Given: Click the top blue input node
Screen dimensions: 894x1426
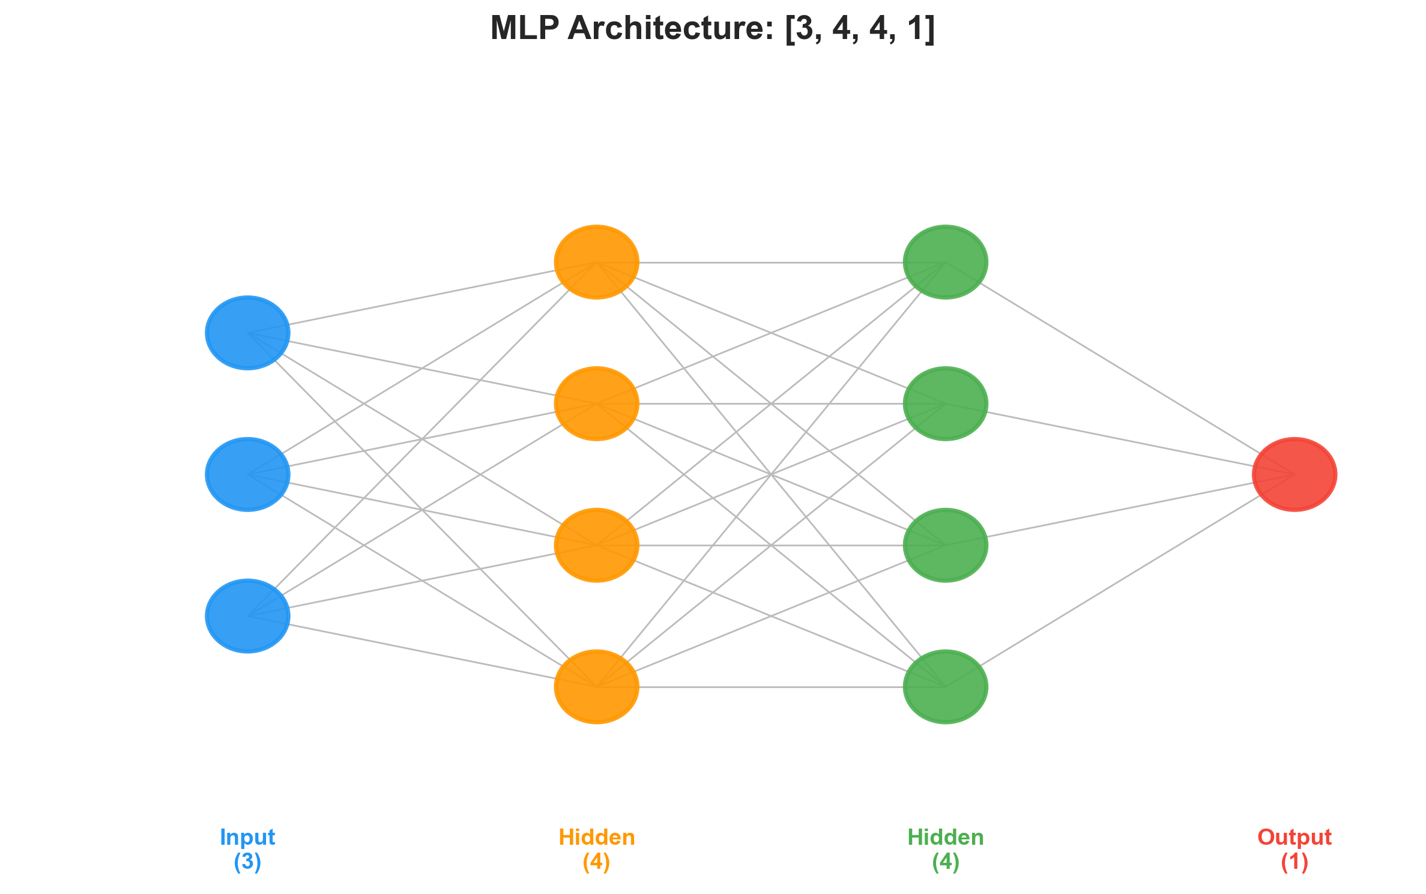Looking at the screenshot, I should point(247,333).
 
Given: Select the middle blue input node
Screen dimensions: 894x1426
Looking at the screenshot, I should point(247,474).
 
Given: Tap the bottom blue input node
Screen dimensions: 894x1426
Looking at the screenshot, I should point(247,616).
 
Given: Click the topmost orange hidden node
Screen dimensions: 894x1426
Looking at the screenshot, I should point(596,262).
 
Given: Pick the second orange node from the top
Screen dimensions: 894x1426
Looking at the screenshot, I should point(596,403).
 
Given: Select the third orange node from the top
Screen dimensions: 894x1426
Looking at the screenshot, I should point(596,545).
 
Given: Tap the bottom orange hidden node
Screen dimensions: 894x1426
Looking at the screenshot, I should point(596,687).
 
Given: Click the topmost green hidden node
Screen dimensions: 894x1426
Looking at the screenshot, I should point(945,262).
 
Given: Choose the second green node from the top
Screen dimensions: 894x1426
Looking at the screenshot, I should point(945,403).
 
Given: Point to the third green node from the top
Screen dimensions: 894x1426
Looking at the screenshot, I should point(945,545).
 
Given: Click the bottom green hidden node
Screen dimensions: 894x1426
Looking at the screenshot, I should point(945,687).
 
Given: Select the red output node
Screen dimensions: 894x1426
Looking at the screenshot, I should point(1294,474).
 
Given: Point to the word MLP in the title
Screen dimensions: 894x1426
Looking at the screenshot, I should point(524,28).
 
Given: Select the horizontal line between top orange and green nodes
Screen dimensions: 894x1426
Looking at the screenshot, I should point(771,262).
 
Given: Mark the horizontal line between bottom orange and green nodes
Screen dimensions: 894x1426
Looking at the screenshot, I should point(771,687).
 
